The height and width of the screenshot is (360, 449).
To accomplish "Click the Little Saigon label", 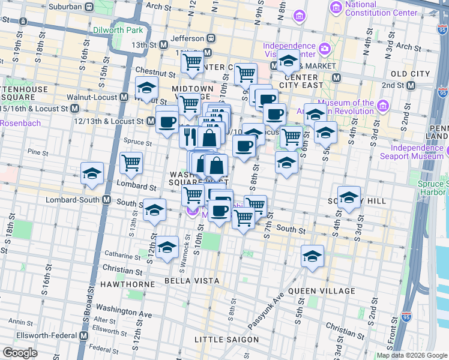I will (227, 340).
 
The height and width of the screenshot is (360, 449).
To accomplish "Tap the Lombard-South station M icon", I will (107, 199).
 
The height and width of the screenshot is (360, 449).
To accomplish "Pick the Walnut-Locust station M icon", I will (124, 96).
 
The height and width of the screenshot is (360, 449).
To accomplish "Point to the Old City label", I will (411, 73).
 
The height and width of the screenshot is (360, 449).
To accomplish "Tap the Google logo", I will (19, 353).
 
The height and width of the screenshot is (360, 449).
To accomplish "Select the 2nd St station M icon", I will (411, 85).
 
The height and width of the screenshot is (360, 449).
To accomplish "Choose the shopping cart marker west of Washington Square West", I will (131, 161).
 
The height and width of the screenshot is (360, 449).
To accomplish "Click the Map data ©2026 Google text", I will (411, 355).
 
